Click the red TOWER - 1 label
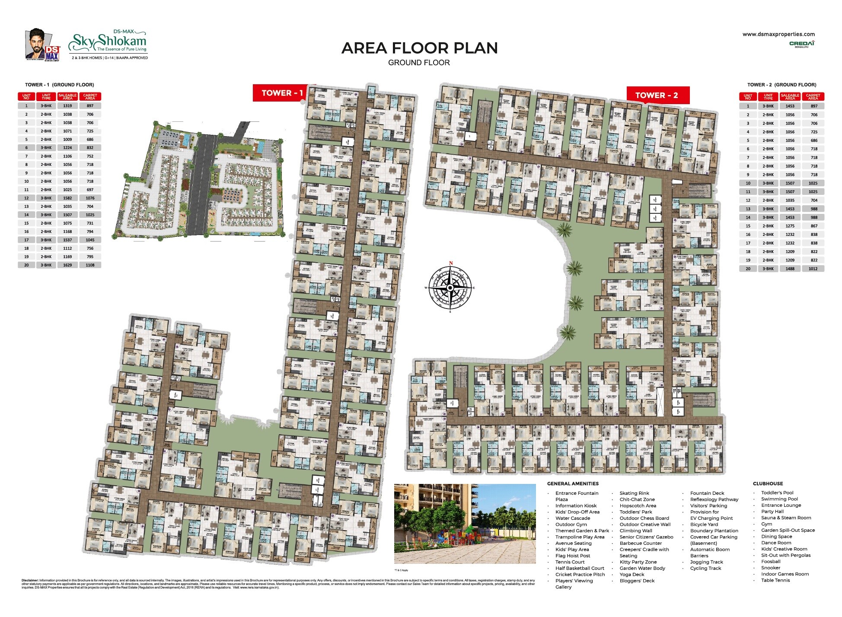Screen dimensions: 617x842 click(282, 93)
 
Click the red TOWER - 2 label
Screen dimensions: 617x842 click(657, 95)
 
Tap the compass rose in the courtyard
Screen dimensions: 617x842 click(450, 287)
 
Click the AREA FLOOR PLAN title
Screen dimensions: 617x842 click(419, 48)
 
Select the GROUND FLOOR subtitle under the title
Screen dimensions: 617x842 click(419, 63)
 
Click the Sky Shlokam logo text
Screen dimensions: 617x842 click(109, 42)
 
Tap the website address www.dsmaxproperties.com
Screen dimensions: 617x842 click(778, 34)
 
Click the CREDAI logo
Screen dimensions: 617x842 click(802, 44)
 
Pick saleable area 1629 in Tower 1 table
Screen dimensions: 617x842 click(67, 265)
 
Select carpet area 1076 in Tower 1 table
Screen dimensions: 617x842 click(90, 198)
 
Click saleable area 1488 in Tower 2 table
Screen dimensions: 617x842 click(790, 269)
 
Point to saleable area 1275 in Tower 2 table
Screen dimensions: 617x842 click(790, 226)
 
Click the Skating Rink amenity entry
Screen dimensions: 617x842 click(634, 493)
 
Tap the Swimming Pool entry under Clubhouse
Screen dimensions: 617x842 click(779, 499)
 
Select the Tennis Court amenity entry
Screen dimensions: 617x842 click(570, 562)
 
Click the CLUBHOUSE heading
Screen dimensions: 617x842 click(768, 483)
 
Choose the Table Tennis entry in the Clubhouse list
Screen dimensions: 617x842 click(775, 580)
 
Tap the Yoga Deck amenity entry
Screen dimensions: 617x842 click(631, 575)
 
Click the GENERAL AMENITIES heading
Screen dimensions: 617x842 click(573, 483)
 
